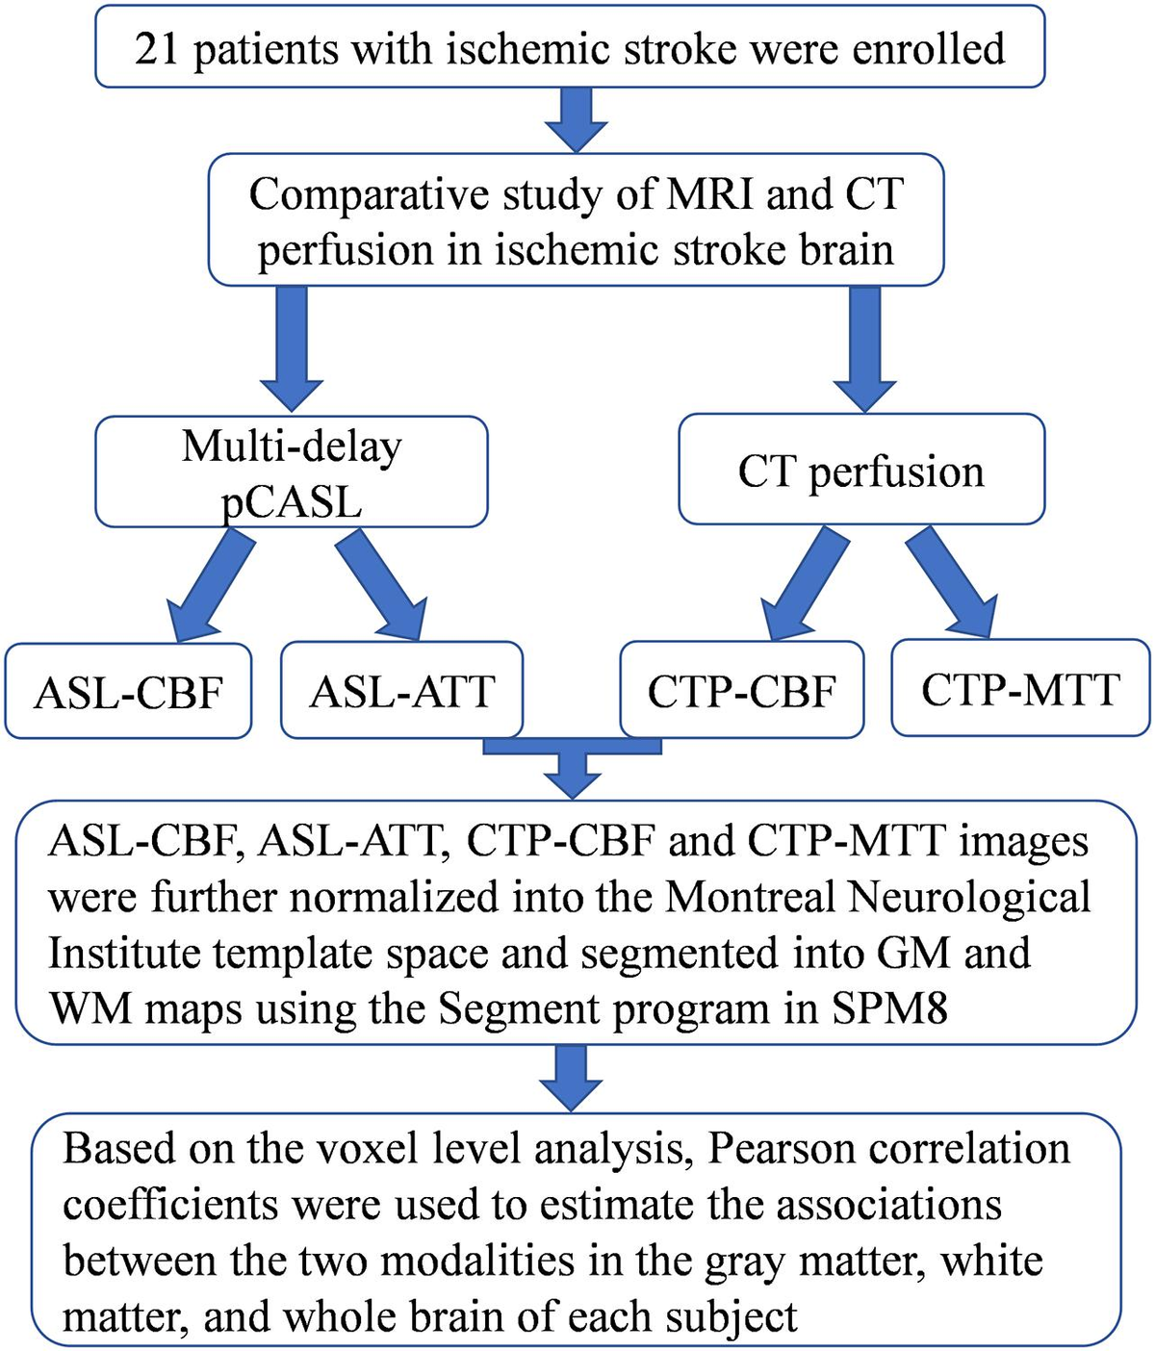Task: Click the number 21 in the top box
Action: tap(157, 49)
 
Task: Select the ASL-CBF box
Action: tap(128, 692)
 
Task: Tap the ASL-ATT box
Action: tap(401, 692)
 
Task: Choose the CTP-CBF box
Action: tap(741, 692)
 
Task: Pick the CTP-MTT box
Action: tap(1020, 690)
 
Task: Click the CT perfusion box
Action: tap(861, 472)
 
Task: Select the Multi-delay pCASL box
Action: tap(292, 472)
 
